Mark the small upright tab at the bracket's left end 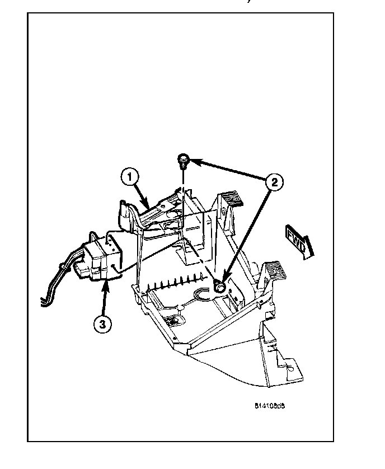(x=120, y=213)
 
